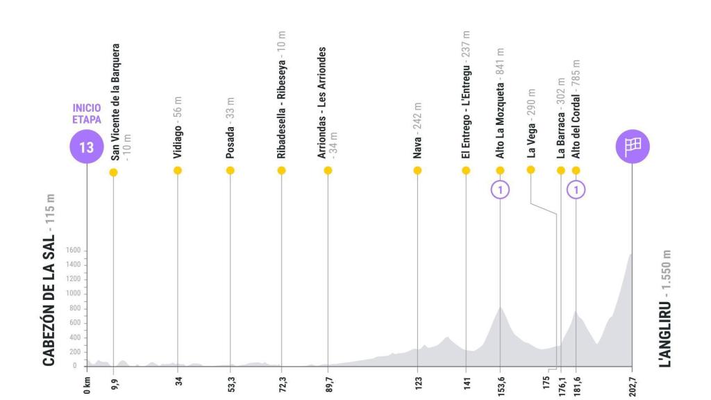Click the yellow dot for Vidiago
[178, 170]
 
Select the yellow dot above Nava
[417, 170]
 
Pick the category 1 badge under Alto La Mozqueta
[500, 188]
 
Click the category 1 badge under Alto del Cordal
[576, 188]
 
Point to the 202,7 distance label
[632, 383]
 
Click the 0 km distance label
[86, 383]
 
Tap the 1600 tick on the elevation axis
[72, 251]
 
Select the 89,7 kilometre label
[328, 383]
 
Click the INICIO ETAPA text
[86, 113]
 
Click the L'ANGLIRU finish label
[667, 306]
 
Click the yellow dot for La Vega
[531, 169]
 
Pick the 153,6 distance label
[500, 383]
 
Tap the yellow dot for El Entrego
[465, 170]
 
